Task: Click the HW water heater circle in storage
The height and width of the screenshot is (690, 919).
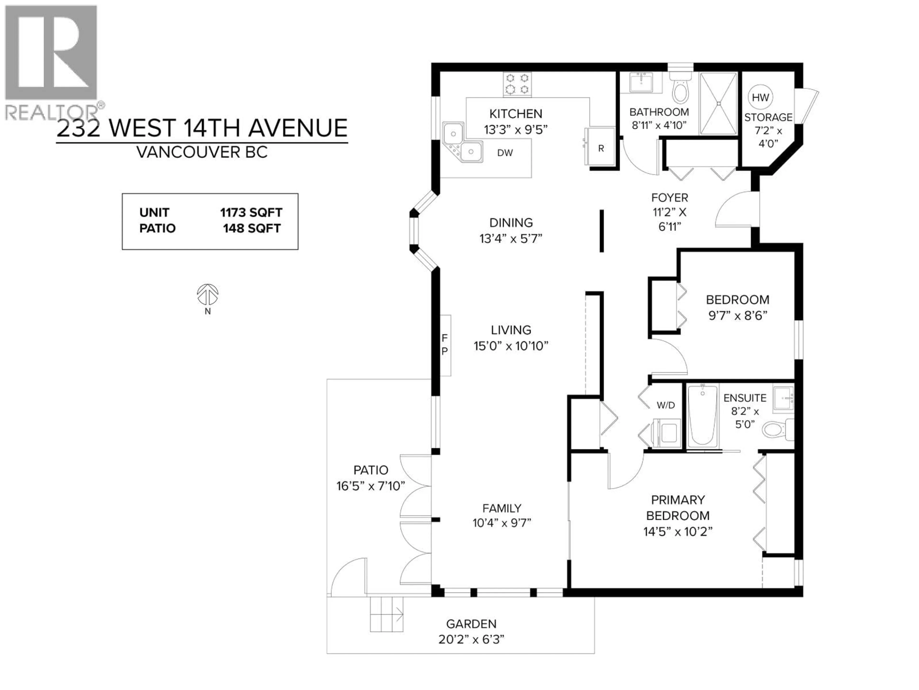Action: (x=760, y=97)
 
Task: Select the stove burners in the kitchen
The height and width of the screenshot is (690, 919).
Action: (x=517, y=84)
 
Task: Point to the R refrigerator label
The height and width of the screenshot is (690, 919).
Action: (x=601, y=149)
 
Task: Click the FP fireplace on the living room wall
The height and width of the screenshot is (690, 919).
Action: (x=445, y=345)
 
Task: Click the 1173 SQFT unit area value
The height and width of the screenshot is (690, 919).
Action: (x=251, y=213)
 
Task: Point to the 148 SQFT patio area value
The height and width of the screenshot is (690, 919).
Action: (x=251, y=228)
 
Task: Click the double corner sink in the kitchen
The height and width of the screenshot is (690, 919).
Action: (x=462, y=143)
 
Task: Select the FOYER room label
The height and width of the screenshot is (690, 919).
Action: (x=669, y=198)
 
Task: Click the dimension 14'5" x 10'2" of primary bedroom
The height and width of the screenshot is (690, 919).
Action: (x=678, y=532)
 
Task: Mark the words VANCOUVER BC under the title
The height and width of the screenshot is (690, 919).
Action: (x=202, y=152)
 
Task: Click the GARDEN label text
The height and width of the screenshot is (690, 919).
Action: (x=471, y=624)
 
